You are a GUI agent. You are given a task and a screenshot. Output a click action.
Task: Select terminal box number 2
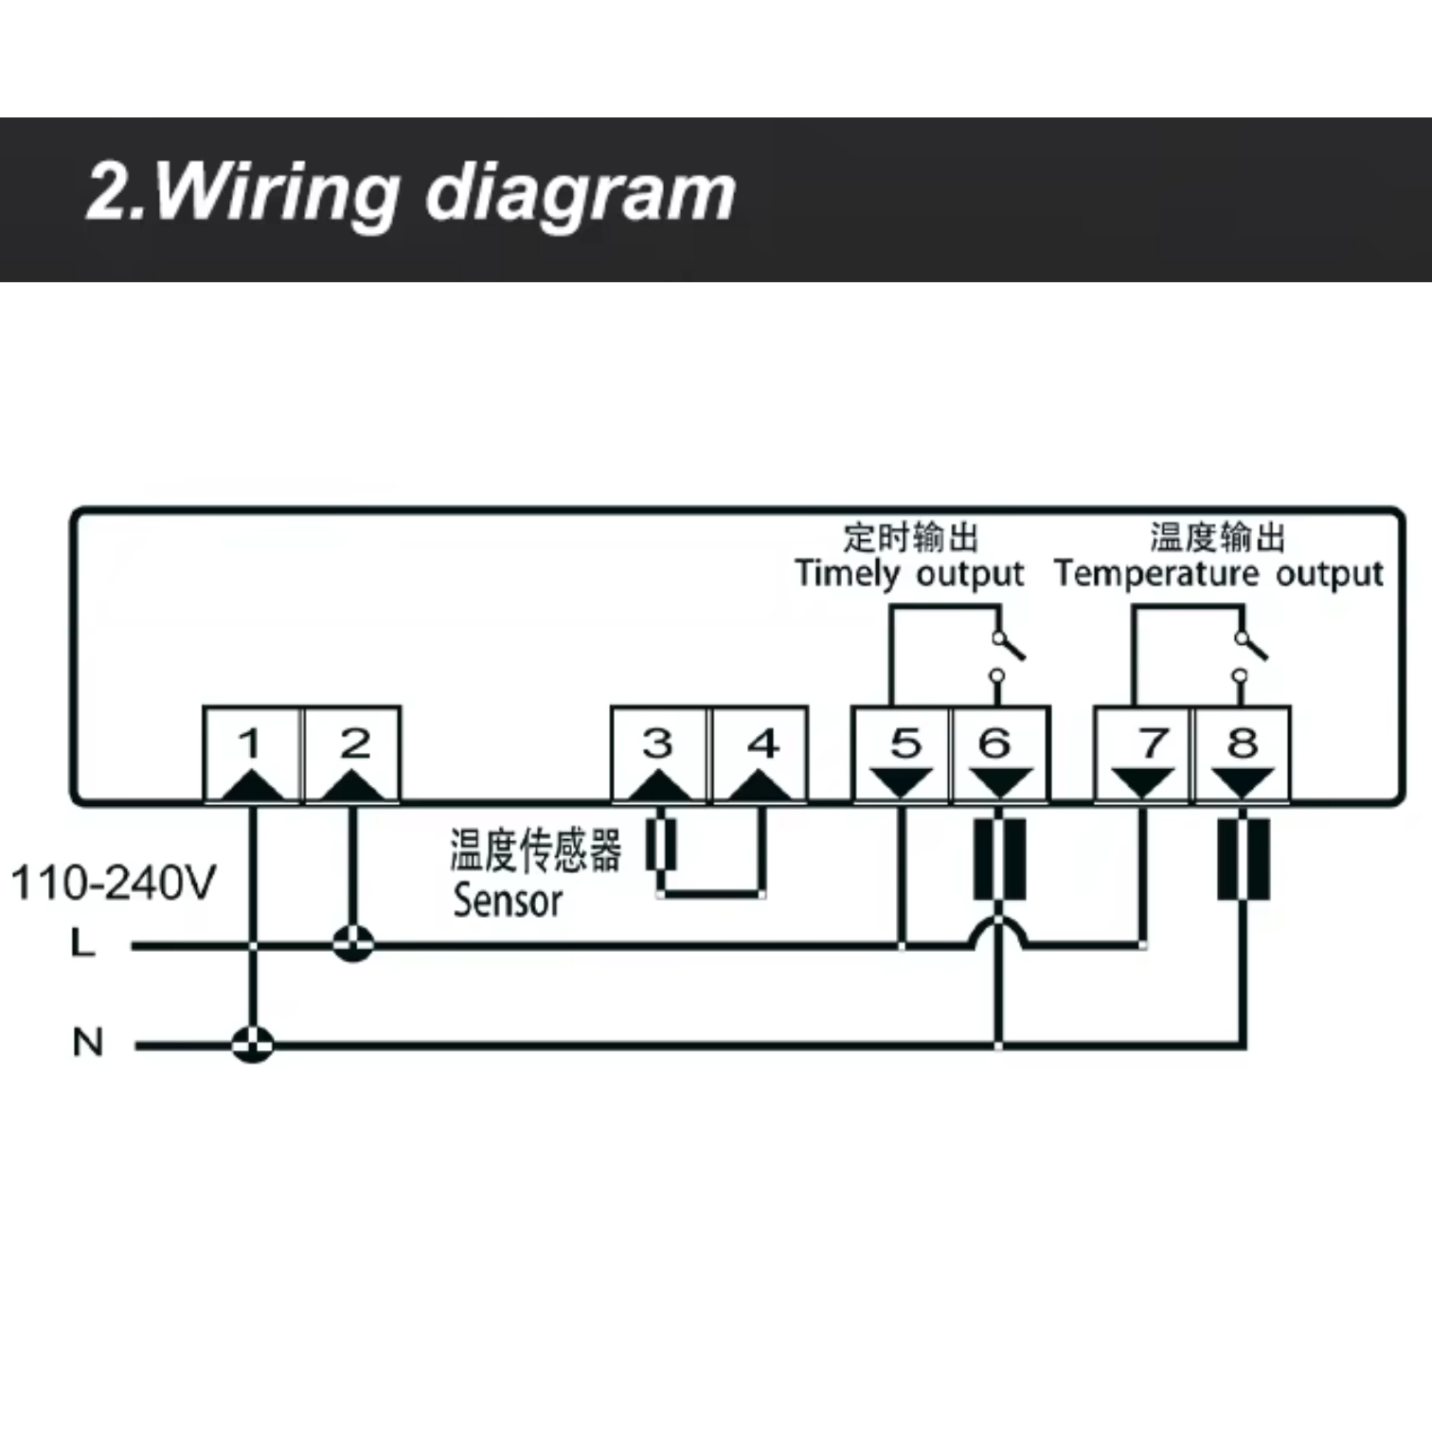click(x=352, y=755)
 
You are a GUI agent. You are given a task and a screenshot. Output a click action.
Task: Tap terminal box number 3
click(x=659, y=755)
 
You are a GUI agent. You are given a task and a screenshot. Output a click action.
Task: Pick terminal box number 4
click(x=760, y=755)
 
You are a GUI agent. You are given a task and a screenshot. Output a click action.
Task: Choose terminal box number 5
click(x=901, y=755)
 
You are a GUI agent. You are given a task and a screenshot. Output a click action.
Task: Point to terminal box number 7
click(x=1143, y=755)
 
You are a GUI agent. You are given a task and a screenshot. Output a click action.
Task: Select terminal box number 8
click(x=1243, y=755)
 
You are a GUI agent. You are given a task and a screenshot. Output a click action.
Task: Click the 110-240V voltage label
click(x=114, y=883)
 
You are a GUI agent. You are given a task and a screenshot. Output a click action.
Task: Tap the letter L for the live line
click(x=83, y=943)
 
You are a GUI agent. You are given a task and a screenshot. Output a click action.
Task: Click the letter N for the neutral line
click(x=87, y=1043)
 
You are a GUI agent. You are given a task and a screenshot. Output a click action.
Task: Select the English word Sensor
click(x=508, y=901)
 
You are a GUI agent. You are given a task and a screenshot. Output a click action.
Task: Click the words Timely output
click(x=909, y=574)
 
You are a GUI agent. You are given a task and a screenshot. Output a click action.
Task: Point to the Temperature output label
click(x=1219, y=574)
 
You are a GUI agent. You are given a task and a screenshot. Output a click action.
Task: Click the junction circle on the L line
click(x=353, y=944)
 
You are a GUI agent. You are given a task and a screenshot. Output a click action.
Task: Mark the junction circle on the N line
click(x=252, y=1045)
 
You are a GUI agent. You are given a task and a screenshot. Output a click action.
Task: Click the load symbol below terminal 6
click(x=1000, y=860)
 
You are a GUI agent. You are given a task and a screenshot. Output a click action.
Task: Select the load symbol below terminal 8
click(x=1243, y=860)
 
